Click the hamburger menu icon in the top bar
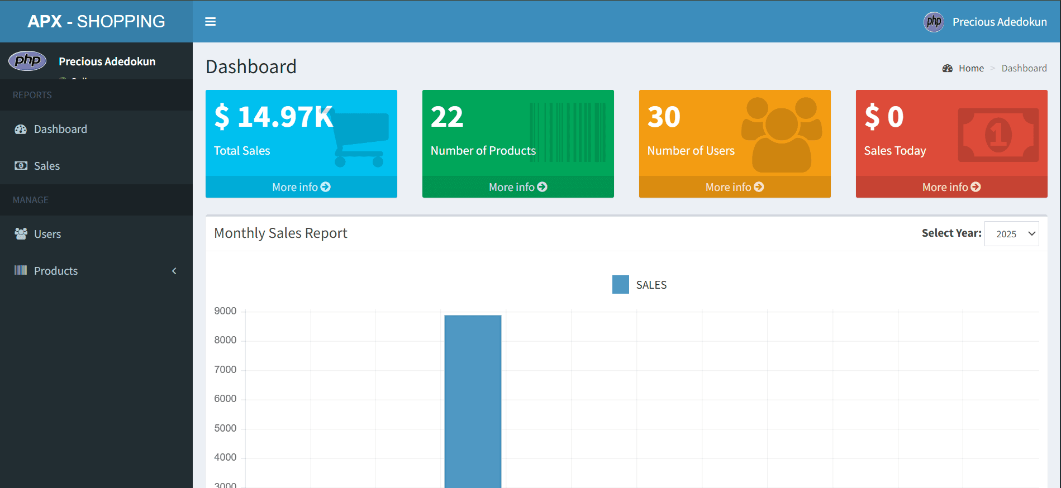click(210, 22)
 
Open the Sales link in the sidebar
click(46, 166)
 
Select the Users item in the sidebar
click(47, 234)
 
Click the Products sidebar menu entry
click(56, 271)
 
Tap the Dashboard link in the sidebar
click(60, 129)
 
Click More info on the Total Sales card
click(301, 187)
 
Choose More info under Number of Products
click(518, 187)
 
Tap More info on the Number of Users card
click(734, 187)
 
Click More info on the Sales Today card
click(951, 187)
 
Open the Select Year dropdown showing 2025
click(1011, 234)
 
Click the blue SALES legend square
click(620, 285)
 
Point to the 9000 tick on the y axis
click(225, 311)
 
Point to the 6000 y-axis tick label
click(225, 399)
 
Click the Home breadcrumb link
click(971, 68)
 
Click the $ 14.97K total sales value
click(274, 117)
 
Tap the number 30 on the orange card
click(664, 117)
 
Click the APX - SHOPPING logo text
click(96, 21)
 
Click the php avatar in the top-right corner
click(934, 22)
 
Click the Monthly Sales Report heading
click(280, 233)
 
